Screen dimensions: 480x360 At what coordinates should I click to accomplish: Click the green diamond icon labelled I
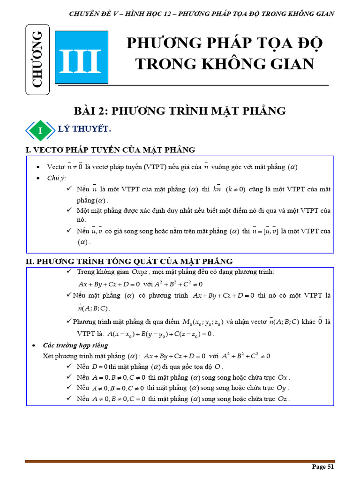point(40,131)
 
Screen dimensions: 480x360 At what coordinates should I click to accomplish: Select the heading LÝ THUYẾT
point(84,129)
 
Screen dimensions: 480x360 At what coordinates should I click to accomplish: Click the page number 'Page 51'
point(323,466)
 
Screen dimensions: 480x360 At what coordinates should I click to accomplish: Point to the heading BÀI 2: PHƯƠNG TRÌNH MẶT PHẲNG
point(180,111)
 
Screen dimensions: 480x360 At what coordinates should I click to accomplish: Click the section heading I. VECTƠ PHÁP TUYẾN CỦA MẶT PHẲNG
point(110,150)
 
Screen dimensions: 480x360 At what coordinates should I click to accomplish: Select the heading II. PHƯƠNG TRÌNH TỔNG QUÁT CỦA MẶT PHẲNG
point(129,262)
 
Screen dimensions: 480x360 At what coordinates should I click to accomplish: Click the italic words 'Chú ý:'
point(57,178)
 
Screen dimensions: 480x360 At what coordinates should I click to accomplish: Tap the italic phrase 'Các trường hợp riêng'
point(75,345)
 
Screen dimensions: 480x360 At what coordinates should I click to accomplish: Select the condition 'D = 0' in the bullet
point(100,367)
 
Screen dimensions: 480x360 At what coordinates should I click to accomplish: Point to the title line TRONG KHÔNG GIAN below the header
point(225,64)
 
